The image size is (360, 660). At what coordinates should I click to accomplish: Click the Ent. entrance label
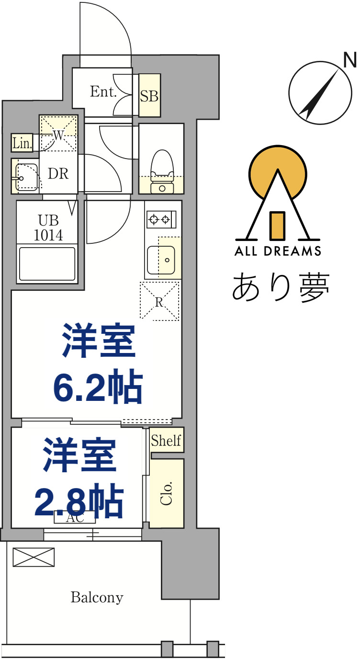pyautogui.click(x=103, y=92)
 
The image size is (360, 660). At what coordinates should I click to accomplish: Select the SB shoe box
pyautogui.click(x=149, y=96)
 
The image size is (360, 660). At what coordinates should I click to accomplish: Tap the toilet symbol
pyautogui.click(x=161, y=171)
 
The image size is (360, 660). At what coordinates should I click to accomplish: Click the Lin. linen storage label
pyautogui.click(x=22, y=143)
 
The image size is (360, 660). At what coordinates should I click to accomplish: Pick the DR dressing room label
pyautogui.click(x=58, y=174)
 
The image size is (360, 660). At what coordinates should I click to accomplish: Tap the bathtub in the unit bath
pyautogui.click(x=47, y=263)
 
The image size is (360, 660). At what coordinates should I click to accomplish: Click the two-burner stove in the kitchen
pyautogui.click(x=160, y=220)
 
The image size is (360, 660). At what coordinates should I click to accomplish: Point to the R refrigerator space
pyautogui.click(x=159, y=301)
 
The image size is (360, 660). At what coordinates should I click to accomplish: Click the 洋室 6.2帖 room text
pyautogui.click(x=98, y=364)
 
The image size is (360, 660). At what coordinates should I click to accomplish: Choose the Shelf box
pyautogui.click(x=166, y=440)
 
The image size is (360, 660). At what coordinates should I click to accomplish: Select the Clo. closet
pyautogui.click(x=166, y=493)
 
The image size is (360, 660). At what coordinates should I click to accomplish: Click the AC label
pyautogui.click(x=75, y=518)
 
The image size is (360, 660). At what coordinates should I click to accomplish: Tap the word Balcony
pyautogui.click(x=97, y=597)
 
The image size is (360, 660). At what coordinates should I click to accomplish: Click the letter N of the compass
pyautogui.click(x=350, y=60)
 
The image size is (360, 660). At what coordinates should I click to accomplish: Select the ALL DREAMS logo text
pyautogui.click(x=278, y=250)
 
